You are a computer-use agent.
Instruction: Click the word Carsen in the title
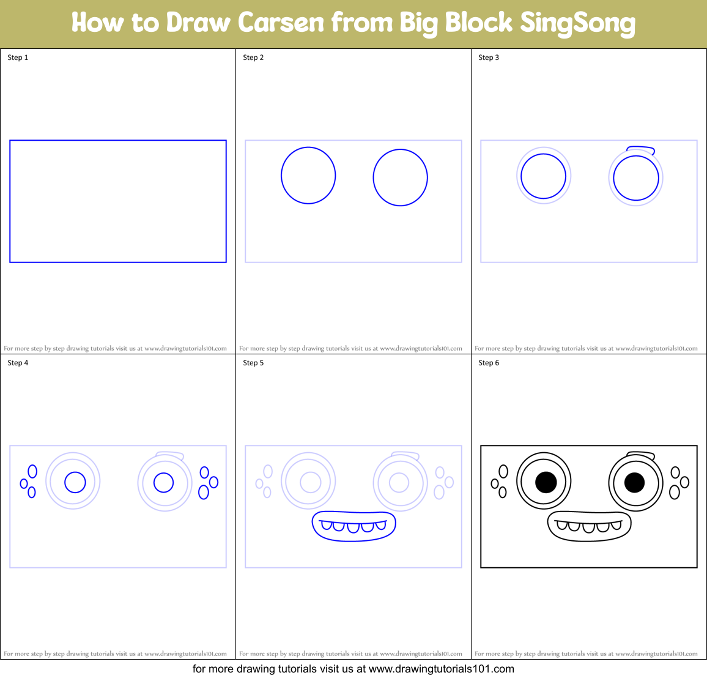click(281, 23)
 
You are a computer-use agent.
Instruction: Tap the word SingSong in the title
click(577, 23)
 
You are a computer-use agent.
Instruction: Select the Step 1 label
click(18, 58)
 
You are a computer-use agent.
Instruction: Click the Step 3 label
click(489, 58)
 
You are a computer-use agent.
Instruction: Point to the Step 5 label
click(253, 363)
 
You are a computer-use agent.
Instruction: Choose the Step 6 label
click(489, 363)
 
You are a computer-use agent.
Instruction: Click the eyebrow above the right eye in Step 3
click(641, 149)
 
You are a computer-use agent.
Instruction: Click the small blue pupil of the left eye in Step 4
click(75, 482)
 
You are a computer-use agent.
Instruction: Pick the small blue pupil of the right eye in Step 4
click(163, 482)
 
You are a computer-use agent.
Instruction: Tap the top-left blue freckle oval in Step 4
click(32, 471)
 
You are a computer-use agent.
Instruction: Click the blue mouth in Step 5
click(353, 536)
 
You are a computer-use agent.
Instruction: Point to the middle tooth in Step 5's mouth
click(353, 527)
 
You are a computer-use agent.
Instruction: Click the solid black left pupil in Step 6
click(546, 482)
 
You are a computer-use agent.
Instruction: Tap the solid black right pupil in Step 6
click(634, 482)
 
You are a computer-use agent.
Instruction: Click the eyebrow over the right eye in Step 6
click(641, 455)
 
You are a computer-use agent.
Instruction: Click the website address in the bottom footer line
click(441, 669)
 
